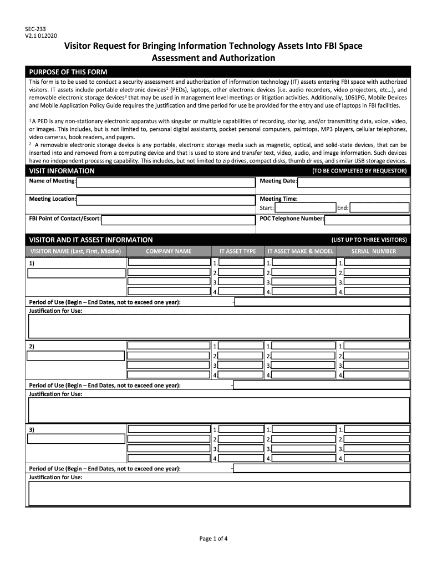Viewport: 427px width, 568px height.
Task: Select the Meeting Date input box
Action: pos(353,182)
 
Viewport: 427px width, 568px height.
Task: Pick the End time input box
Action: pos(380,208)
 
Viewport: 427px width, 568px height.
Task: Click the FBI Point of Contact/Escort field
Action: pos(177,219)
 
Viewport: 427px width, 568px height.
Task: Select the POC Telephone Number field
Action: pos(367,220)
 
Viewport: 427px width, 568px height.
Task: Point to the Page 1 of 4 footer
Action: pos(213,538)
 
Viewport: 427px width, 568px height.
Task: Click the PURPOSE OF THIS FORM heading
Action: pos(68,72)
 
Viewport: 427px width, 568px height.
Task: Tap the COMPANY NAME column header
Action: pos(169,251)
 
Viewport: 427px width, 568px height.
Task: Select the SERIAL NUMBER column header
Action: pos(374,251)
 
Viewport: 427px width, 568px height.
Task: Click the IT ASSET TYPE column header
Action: pos(237,251)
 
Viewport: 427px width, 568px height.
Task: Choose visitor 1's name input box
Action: pos(77,273)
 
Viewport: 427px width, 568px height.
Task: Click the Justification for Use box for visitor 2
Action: pos(219,410)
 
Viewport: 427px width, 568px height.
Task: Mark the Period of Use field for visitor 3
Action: pos(322,468)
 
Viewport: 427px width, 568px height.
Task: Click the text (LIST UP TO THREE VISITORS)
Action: pos(369,240)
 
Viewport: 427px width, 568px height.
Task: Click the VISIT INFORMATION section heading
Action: pos(62,171)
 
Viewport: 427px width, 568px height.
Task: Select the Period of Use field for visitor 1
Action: pos(322,302)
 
